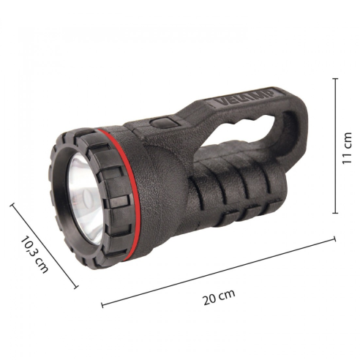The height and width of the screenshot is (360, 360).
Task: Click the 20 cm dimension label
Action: tap(219, 297)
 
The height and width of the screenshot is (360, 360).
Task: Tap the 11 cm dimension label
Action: tap(347, 148)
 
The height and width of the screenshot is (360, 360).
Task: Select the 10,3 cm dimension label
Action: tap(34, 255)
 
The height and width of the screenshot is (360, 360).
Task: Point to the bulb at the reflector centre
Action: tap(86, 196)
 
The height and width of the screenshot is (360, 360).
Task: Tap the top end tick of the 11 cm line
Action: tap(336, 79)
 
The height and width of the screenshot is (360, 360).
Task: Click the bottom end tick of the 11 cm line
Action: tap(336, 213)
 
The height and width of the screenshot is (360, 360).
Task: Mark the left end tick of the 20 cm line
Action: tap(102, 305)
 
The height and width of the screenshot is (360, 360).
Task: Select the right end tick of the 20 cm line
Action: tap(334, 239)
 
